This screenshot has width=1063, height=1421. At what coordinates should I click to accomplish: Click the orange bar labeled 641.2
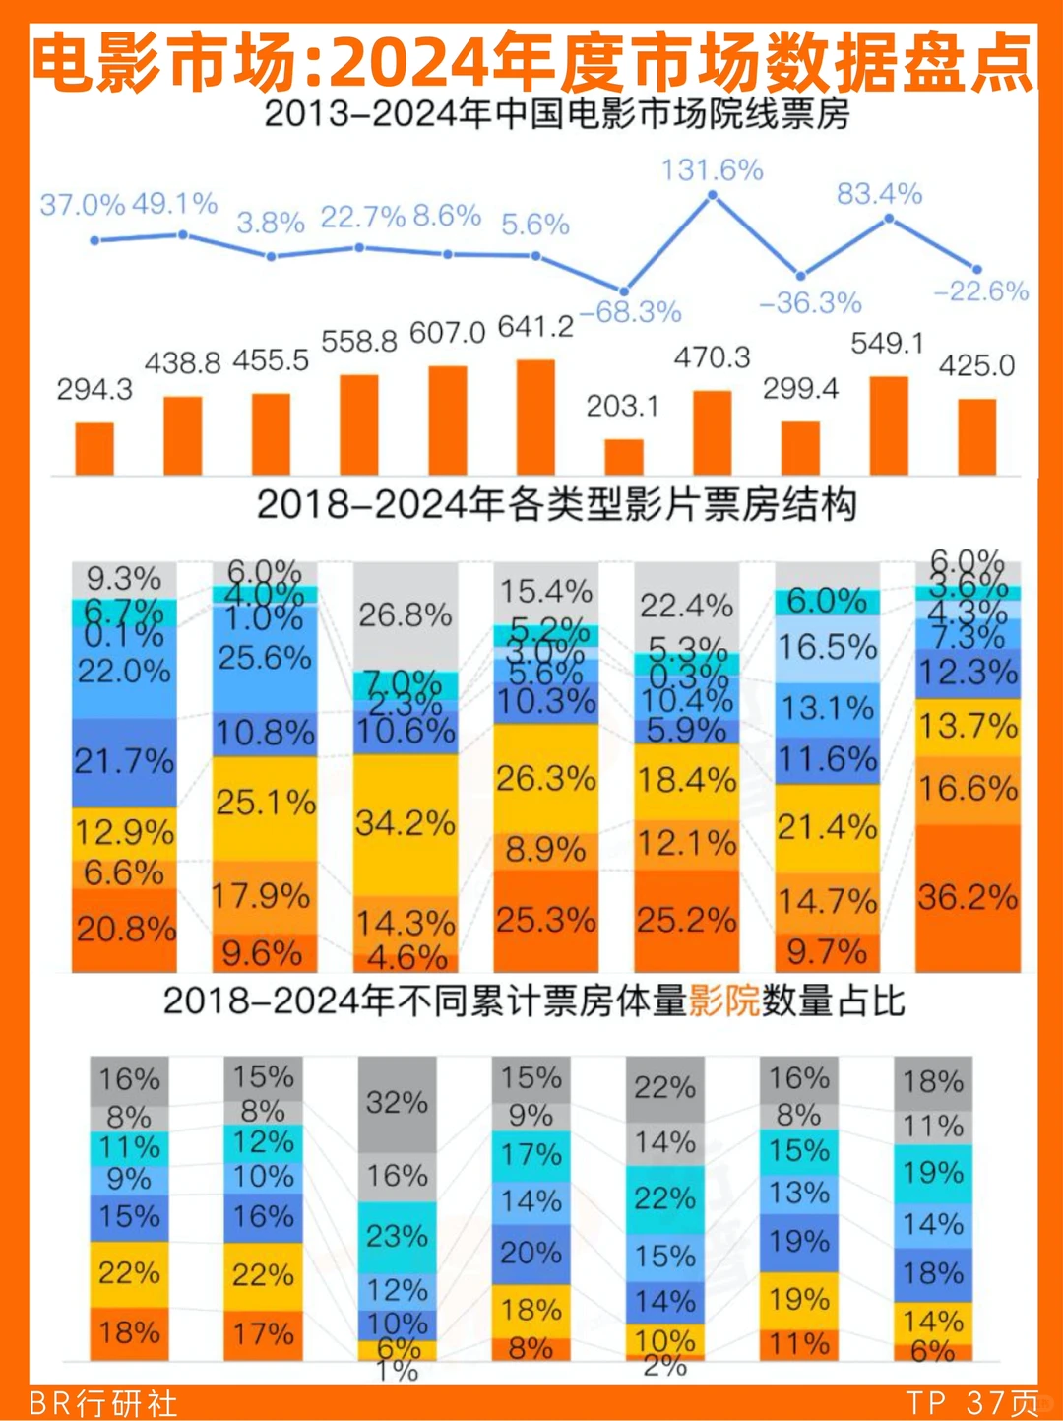pos(535,418)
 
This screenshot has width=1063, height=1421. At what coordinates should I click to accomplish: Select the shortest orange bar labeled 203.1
pos(623,457)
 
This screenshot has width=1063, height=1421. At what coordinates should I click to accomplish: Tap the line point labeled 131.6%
pos(713,196)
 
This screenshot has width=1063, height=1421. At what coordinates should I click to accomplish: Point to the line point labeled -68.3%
pos(624,289)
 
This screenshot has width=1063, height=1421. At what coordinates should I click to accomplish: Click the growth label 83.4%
pos(879,194)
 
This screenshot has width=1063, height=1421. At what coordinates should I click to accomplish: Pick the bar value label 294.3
pos(94,390)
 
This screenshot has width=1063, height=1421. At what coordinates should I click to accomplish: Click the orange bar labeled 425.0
pos(976,437)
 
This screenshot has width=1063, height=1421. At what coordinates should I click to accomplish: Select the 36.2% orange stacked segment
pos(968,897)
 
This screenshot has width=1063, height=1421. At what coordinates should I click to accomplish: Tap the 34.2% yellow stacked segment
pos(406,824)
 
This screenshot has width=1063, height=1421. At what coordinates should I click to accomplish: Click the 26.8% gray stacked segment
pos(406,616)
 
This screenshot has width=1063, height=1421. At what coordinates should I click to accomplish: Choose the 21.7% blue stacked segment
pos(124,761)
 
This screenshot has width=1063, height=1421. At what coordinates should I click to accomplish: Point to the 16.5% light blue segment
pos(827,648)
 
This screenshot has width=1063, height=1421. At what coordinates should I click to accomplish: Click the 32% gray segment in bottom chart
pos(397,1103)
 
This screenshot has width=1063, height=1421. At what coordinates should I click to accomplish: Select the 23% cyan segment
pos(397,1237)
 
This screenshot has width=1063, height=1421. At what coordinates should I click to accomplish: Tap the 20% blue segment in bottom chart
pos(531,1254)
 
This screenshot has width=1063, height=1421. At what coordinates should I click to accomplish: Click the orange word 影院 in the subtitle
pos(723,1001)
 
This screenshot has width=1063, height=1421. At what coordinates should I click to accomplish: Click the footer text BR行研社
pos(103,1403)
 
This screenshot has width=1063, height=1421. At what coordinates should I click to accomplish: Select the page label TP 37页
pos(971,1403)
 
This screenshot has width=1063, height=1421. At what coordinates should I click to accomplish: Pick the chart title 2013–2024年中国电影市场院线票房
pos(556,115)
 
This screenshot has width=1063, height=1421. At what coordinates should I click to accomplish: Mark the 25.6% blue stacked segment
pos(265,658)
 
